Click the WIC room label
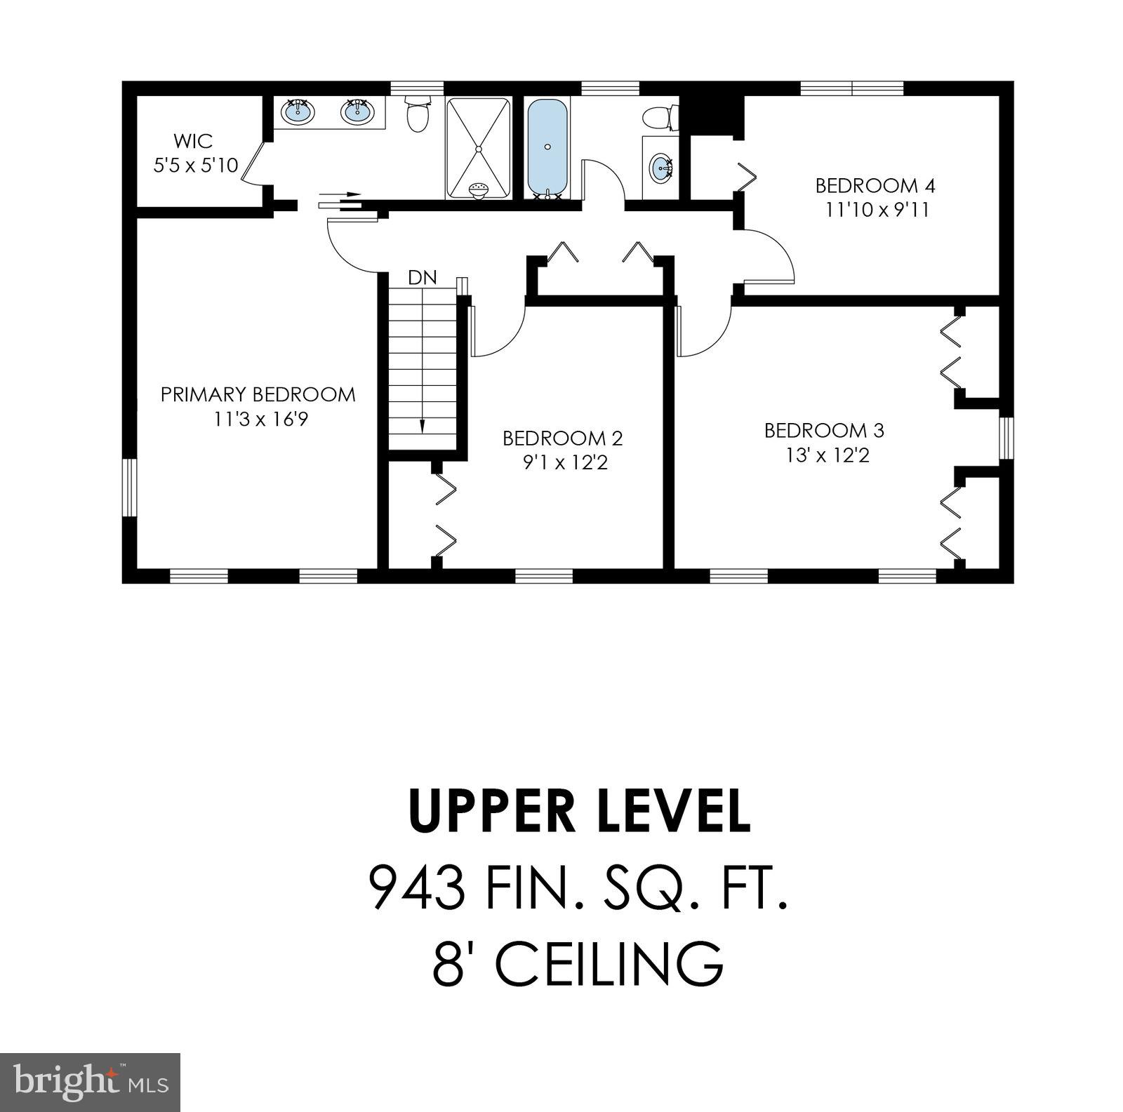[x=193, y=140]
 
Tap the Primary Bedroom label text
[x=258, y=394]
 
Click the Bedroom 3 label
[x=824, y=429]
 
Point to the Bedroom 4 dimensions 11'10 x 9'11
[x=877, y=210]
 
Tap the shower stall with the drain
[x=478, y=148]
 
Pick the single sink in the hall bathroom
[x=661, y=168]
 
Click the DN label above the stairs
[x=422, y=278]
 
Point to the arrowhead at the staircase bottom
[x=423, y=426]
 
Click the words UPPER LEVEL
[x=579, y=811]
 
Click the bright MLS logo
[x=90, y=1082]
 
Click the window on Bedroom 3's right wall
[x=1006, y=438]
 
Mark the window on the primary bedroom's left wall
[x=129, y=488]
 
